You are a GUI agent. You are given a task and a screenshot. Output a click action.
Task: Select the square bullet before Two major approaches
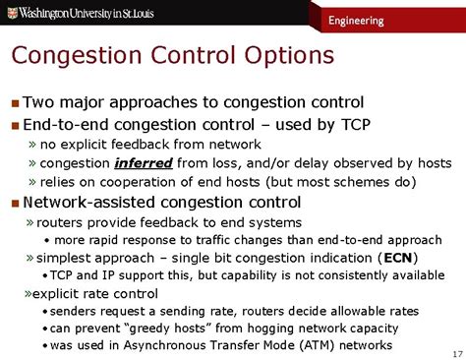point(14,103)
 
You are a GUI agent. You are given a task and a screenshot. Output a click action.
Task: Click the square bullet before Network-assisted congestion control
point(14,204)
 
